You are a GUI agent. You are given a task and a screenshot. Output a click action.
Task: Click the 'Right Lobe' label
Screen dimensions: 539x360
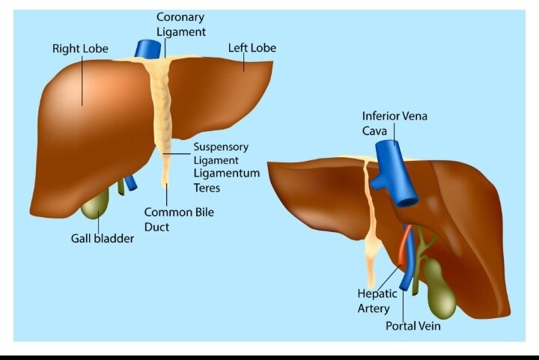80,49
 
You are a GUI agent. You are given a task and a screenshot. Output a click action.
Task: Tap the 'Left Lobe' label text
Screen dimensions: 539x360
252,48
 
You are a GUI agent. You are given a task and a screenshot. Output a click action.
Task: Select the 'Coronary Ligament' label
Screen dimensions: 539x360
181,25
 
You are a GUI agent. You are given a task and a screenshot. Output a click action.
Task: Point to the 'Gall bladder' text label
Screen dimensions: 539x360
103,239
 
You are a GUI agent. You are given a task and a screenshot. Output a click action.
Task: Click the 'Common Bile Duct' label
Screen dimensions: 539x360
179,219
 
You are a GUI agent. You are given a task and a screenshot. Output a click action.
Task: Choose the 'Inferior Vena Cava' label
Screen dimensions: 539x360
395,123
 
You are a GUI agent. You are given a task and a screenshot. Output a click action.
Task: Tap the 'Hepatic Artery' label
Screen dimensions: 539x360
377,301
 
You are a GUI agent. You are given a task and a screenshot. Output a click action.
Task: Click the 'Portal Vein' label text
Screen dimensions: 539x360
412,326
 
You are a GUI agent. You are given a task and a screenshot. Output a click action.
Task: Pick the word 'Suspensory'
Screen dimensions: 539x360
221,147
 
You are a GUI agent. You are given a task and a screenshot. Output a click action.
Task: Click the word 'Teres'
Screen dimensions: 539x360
207,188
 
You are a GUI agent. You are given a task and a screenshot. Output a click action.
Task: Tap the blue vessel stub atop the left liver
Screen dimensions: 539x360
147,49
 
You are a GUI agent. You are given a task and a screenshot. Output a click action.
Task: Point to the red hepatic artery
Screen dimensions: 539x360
404,246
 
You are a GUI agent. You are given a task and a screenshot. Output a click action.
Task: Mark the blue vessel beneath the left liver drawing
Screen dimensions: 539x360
130,183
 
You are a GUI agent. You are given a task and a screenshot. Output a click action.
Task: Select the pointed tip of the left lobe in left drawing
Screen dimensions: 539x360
272,62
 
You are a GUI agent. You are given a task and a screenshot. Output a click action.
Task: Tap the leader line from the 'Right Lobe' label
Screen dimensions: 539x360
82,80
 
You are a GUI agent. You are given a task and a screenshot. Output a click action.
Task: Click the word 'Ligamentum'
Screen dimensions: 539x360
227,173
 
